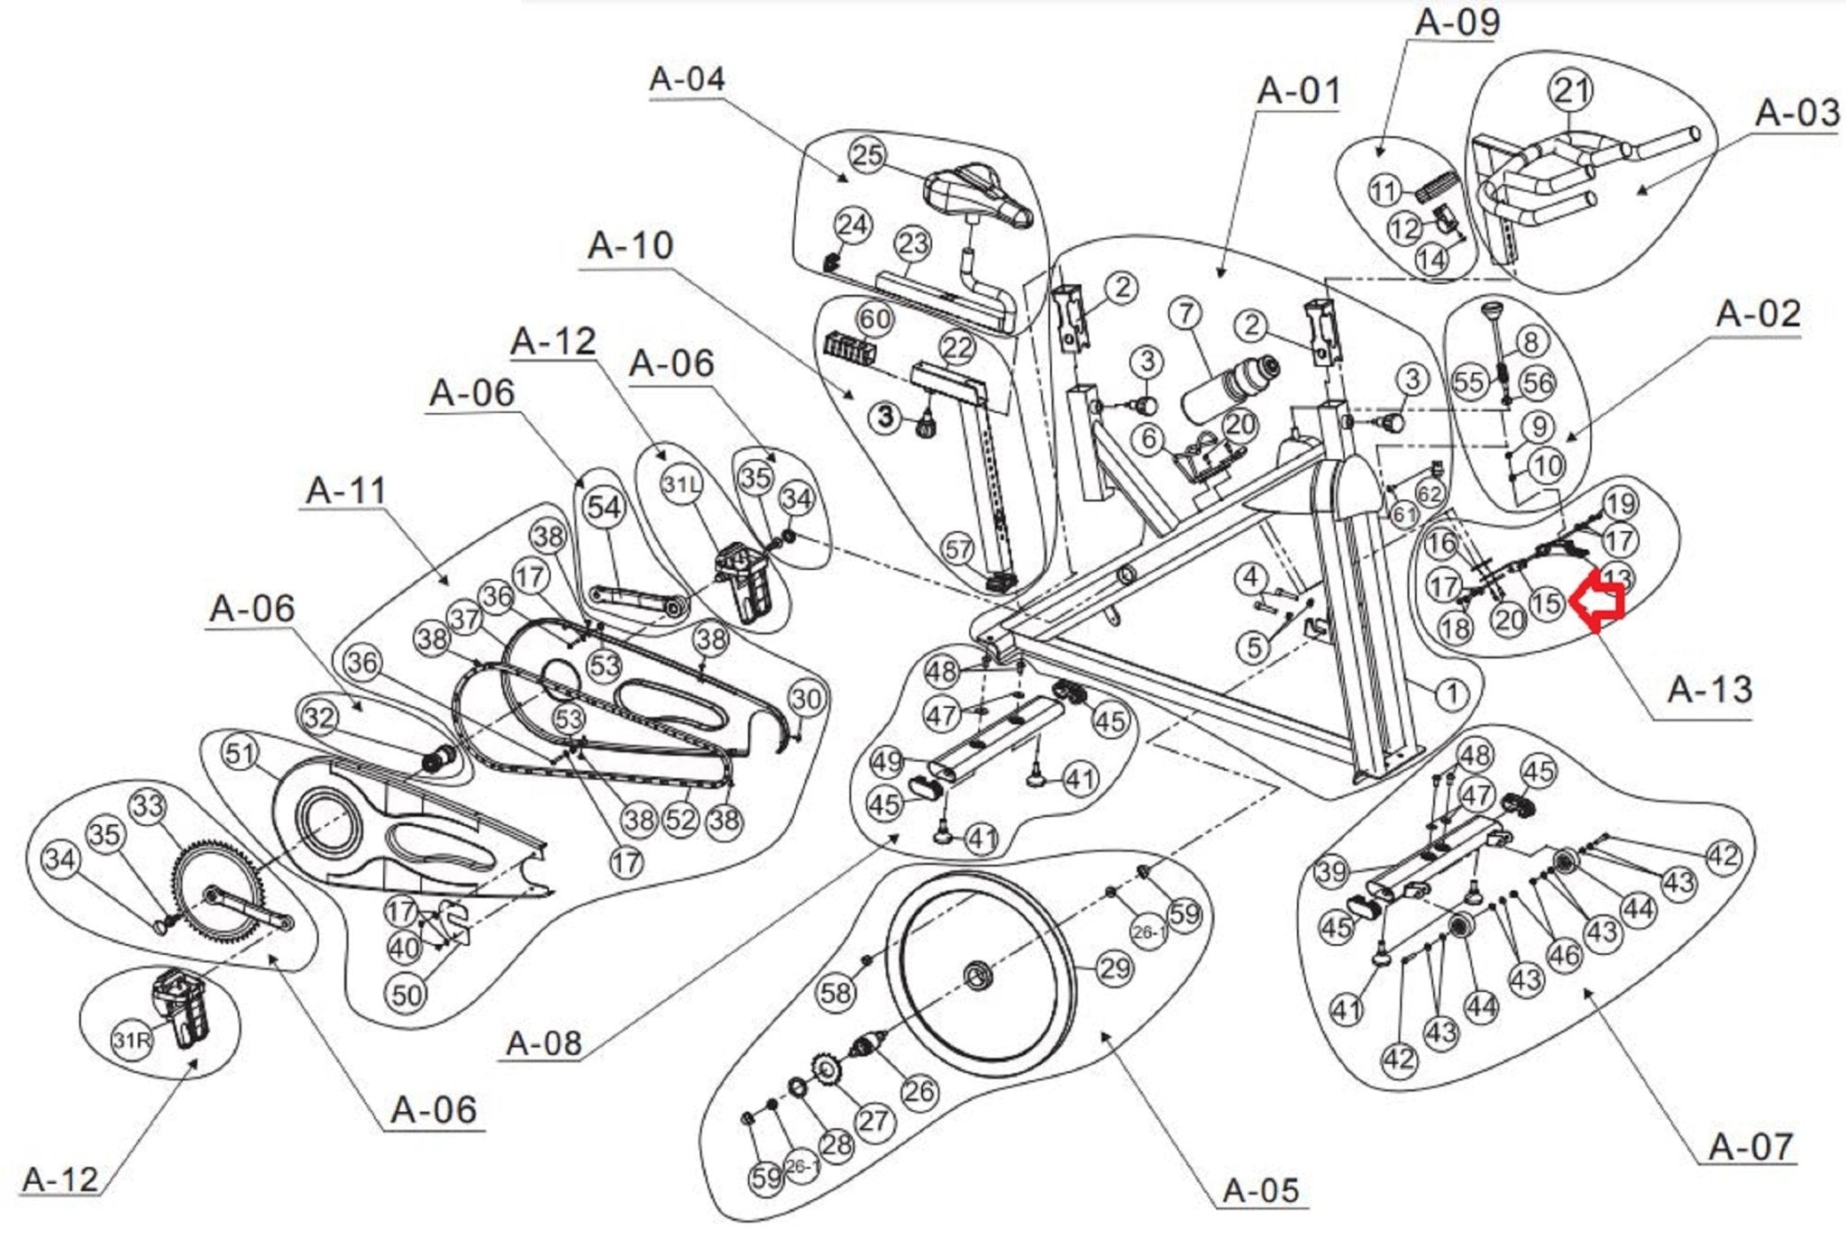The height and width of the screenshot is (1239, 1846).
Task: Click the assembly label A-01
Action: click(1299, 91)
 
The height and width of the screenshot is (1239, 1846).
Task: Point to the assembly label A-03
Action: click(1796, 115)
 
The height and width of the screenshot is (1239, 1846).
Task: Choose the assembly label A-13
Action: click(1709, 690)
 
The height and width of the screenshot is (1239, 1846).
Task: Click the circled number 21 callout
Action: click(1571, 91)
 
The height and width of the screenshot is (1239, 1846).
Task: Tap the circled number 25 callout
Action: click(867, 155)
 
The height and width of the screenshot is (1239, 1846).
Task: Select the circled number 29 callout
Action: click(1115, 968)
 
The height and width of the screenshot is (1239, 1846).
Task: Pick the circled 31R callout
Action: click(132, 1042)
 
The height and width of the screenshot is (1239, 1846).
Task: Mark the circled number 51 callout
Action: click(240, 753)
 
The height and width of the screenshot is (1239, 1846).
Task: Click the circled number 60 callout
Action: click(874, 318)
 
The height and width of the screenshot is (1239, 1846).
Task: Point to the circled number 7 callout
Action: click(1186, 314)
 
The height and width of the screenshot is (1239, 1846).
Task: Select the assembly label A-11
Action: click(346, 491)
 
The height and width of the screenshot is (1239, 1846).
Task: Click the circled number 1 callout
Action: click(1451, 693)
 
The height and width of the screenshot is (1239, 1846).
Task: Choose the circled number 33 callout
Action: click(149, 805)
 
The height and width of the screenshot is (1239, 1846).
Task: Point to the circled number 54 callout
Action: click(604, 508)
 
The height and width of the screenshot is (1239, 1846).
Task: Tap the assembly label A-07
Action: click(1750, 1147)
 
